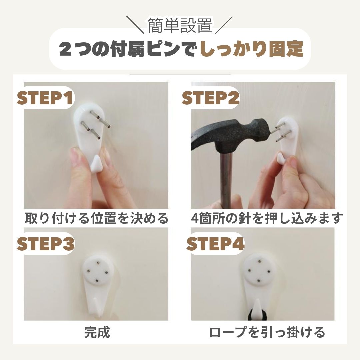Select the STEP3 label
tap(45, 244)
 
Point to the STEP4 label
tap(215, 244)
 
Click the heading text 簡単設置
tap(180, 26)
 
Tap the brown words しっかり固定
tap(251, 49)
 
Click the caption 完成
tap(97, 332)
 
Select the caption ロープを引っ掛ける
tap(267, 332)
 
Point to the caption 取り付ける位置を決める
tap(97, 218)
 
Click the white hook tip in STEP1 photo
tap(96, 163)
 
